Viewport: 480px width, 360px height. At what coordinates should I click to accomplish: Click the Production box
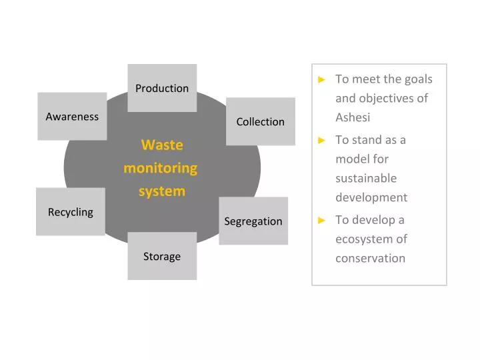point(162,88)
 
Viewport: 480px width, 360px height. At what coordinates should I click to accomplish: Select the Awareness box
point(72,117)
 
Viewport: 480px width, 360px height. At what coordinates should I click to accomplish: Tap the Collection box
point(260,121)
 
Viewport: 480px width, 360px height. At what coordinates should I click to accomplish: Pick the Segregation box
point(253,221)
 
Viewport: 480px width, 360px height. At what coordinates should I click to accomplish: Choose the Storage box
point(162,256)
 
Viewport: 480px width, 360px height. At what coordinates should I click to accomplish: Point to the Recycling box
point(71,212)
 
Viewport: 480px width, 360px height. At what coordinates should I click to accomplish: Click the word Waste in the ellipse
point(162,145)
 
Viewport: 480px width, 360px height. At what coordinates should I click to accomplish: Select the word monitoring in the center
point(161,168)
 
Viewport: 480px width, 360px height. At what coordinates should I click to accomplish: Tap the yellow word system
point(162,191)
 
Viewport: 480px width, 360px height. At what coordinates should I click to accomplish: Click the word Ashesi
point(353,117)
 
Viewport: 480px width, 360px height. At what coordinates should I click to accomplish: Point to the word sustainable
point(366,178)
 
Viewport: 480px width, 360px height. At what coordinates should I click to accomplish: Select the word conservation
point(370,258)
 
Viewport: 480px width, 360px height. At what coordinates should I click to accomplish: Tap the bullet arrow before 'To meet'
point(322,79)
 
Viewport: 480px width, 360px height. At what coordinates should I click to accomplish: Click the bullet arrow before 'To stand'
point(322,140)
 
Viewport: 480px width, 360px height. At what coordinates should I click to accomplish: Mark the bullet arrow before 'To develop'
point(322,220)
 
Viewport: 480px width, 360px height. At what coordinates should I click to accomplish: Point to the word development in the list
point(371,197)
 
